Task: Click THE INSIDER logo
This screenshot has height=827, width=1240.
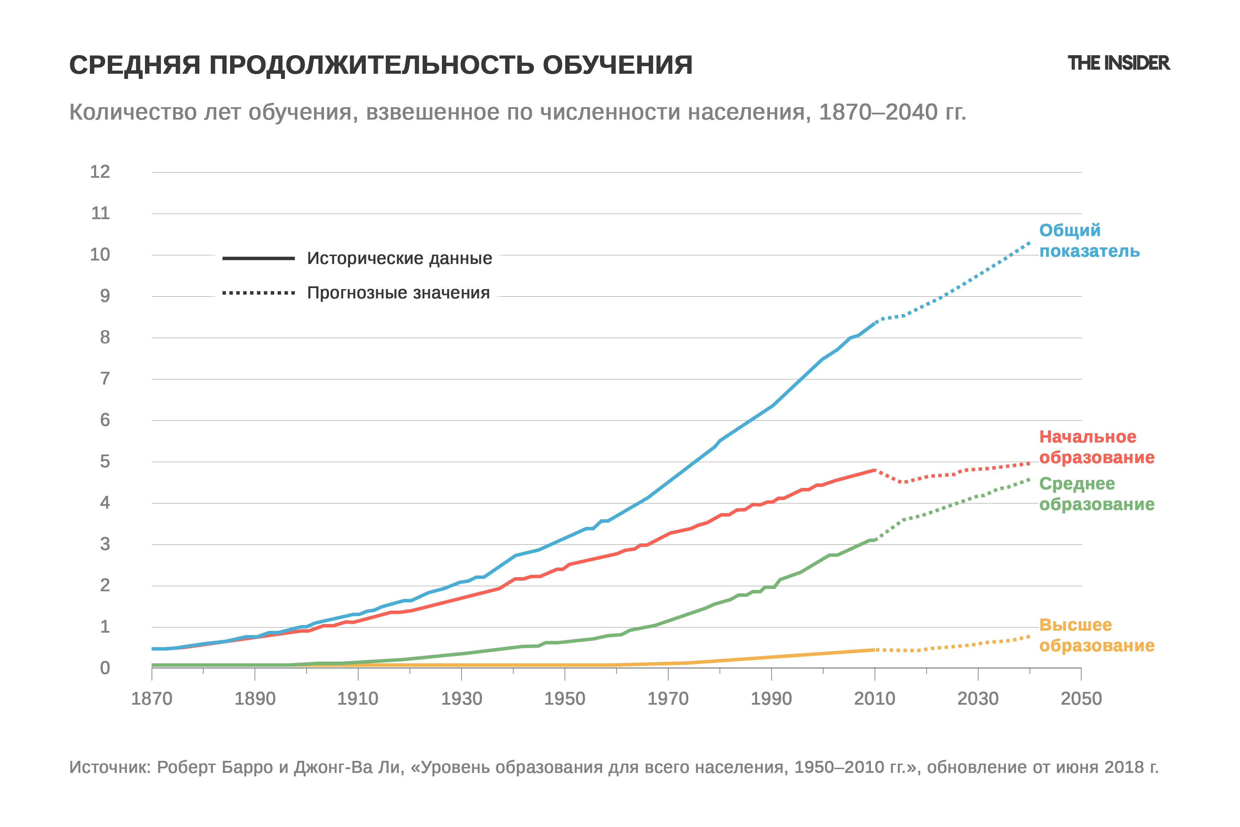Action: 1119,63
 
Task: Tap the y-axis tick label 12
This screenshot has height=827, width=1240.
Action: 100,172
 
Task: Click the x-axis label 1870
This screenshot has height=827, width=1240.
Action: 152,699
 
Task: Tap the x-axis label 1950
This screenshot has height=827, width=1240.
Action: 565,699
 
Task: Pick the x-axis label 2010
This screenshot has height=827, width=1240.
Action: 875,699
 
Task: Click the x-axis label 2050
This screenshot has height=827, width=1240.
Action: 1081,699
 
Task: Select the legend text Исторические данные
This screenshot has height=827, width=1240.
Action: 400,258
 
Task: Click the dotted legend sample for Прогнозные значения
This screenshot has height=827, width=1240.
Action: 258,293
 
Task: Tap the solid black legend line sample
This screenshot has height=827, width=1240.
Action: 258,258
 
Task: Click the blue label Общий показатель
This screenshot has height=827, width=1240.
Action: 1089,241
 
